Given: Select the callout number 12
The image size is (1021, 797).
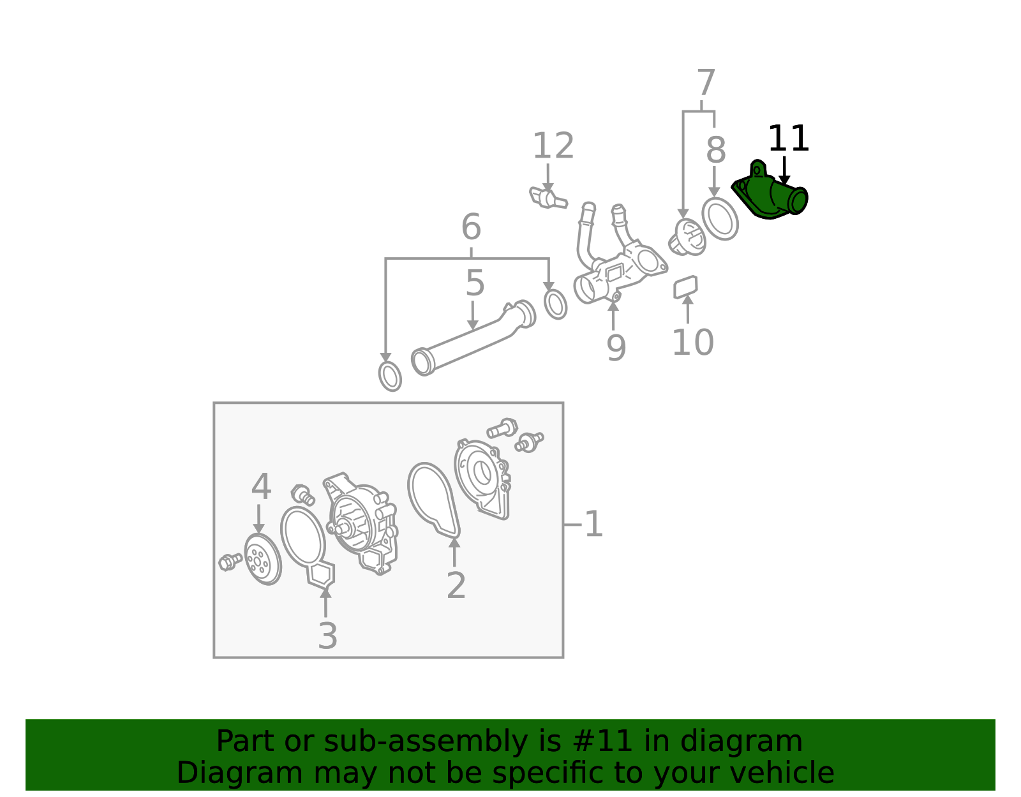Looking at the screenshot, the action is point(553,145).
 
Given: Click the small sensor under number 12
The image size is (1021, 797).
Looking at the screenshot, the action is point(548,198).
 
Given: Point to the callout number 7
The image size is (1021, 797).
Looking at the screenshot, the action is point(706,83).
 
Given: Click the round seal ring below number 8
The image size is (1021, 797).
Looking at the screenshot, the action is point(720,219).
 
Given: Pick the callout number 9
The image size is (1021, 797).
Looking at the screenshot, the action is point(616,348).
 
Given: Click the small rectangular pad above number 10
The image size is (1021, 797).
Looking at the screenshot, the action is point(685,287).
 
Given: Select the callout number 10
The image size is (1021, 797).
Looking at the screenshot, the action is point(693,343).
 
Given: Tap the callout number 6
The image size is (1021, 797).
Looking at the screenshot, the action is point(472,227).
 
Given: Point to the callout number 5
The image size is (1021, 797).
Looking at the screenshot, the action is point(475,283).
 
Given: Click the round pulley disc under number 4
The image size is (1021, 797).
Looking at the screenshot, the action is point(263,560).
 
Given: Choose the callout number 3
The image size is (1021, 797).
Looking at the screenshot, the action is point(327,636).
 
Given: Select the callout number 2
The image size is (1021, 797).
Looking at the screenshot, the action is point(456,585).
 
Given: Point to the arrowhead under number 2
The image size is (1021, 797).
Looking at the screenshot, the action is point(454,543).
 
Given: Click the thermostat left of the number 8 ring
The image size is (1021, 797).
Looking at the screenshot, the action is point(687,237).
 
